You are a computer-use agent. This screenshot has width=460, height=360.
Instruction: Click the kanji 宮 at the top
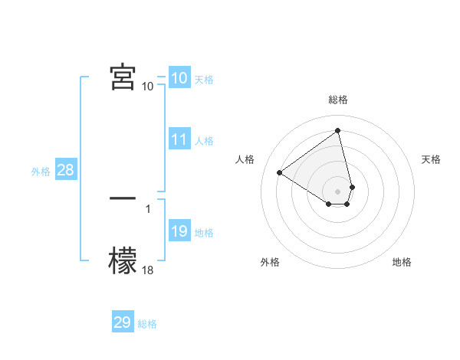click(x=123, y=77)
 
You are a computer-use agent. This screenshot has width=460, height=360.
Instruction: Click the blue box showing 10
click(x=179, y=77)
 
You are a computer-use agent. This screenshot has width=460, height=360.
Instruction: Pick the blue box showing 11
click(x=179, y=139)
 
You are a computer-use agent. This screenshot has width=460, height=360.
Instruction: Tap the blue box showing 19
click(x=179, y=231)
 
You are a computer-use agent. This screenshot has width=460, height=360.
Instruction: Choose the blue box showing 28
click(x=65, y=170)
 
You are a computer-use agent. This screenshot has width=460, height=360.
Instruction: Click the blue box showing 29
click(x=123, y=322)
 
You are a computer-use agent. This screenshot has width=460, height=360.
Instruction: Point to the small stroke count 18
click(x=148, y=270)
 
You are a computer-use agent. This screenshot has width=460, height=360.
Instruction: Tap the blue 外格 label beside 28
click(x=41, y=172)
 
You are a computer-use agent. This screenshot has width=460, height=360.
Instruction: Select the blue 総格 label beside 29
click(x=147, y=324)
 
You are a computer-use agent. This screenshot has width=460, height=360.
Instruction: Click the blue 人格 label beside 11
click(x=204, y=141)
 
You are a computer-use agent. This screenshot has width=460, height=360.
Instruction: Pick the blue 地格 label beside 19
click(x=204, y=233)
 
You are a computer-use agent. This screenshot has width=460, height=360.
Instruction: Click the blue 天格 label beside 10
click(x=204, y=79)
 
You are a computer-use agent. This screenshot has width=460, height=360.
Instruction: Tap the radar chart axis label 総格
click(x=338, y=100)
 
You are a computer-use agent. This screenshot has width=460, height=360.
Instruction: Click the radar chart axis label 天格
click(x=431, y=159)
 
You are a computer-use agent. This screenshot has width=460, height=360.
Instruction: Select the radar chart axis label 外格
click(x=270, y=262)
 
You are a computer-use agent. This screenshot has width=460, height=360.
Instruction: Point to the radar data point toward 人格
click(x=280, y=172)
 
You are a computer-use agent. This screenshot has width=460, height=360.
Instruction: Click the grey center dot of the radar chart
click(x=338, y=191)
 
